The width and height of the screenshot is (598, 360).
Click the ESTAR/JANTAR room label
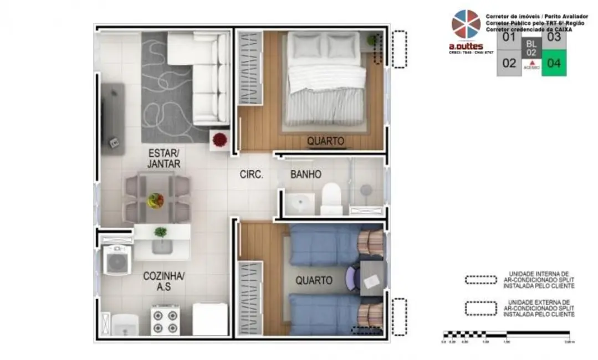[x=163, y=158]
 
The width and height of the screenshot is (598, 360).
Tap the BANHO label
[x=306, y=174]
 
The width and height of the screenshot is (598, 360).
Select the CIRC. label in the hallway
[x=251, y=174]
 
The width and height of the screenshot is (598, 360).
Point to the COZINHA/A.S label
[x=163, y=281]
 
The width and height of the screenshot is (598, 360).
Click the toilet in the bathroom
[x=331, y=198]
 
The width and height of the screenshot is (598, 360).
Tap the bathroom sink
[x=300, y=203]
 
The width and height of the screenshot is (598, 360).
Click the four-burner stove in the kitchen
[x=165, y=321]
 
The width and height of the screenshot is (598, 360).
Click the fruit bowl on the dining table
[x=155, y=200]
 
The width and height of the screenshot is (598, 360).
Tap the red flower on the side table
[x=220, y=139]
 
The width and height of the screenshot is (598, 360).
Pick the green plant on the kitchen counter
[x=161, y=232]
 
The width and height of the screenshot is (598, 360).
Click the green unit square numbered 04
[x=554, y=63]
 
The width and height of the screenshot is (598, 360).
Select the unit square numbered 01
[x=509, y=38]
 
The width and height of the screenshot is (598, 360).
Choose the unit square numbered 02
[x=509, y=63]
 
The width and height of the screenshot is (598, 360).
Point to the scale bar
[x=506, y=334]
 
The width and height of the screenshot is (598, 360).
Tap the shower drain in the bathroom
[x=365, y=189]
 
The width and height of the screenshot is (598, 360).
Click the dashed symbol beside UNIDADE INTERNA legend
[x=481, y=280]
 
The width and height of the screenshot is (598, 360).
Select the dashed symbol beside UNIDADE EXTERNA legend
[x=481, y=308]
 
